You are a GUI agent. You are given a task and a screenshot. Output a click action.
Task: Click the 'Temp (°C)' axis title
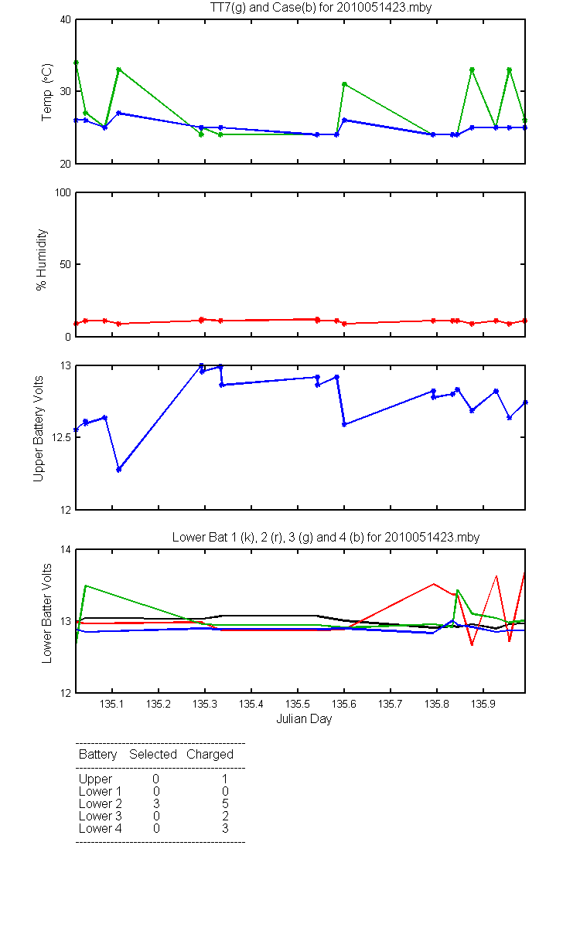click(47, 92)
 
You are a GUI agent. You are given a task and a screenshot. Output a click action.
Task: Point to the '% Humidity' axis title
click(42, 260)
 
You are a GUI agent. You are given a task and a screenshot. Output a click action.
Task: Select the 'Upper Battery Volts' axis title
click(38, 429)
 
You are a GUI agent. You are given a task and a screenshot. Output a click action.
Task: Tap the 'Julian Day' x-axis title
click(304, 719)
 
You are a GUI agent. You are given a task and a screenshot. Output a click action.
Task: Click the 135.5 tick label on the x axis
click(298, 704)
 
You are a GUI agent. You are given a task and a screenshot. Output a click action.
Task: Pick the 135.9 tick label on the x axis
click(483, 704)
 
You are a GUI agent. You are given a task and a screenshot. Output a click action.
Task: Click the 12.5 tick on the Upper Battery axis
click(61, 437)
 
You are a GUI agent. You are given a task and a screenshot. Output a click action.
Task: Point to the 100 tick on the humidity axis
click(63, 192)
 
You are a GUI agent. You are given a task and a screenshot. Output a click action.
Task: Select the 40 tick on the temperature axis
click(66, 20)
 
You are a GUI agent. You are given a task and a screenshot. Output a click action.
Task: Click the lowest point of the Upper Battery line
click(119, 470)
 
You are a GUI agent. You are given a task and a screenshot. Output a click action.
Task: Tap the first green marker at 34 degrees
click(77, 63)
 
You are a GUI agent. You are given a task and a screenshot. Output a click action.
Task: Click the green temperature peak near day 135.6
click(344, 84)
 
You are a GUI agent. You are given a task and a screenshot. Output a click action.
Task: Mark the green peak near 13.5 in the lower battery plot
click(85, 586)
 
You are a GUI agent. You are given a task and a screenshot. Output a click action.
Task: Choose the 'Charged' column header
click(210, 755)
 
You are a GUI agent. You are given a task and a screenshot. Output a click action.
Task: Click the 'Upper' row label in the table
click(95, 779)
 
